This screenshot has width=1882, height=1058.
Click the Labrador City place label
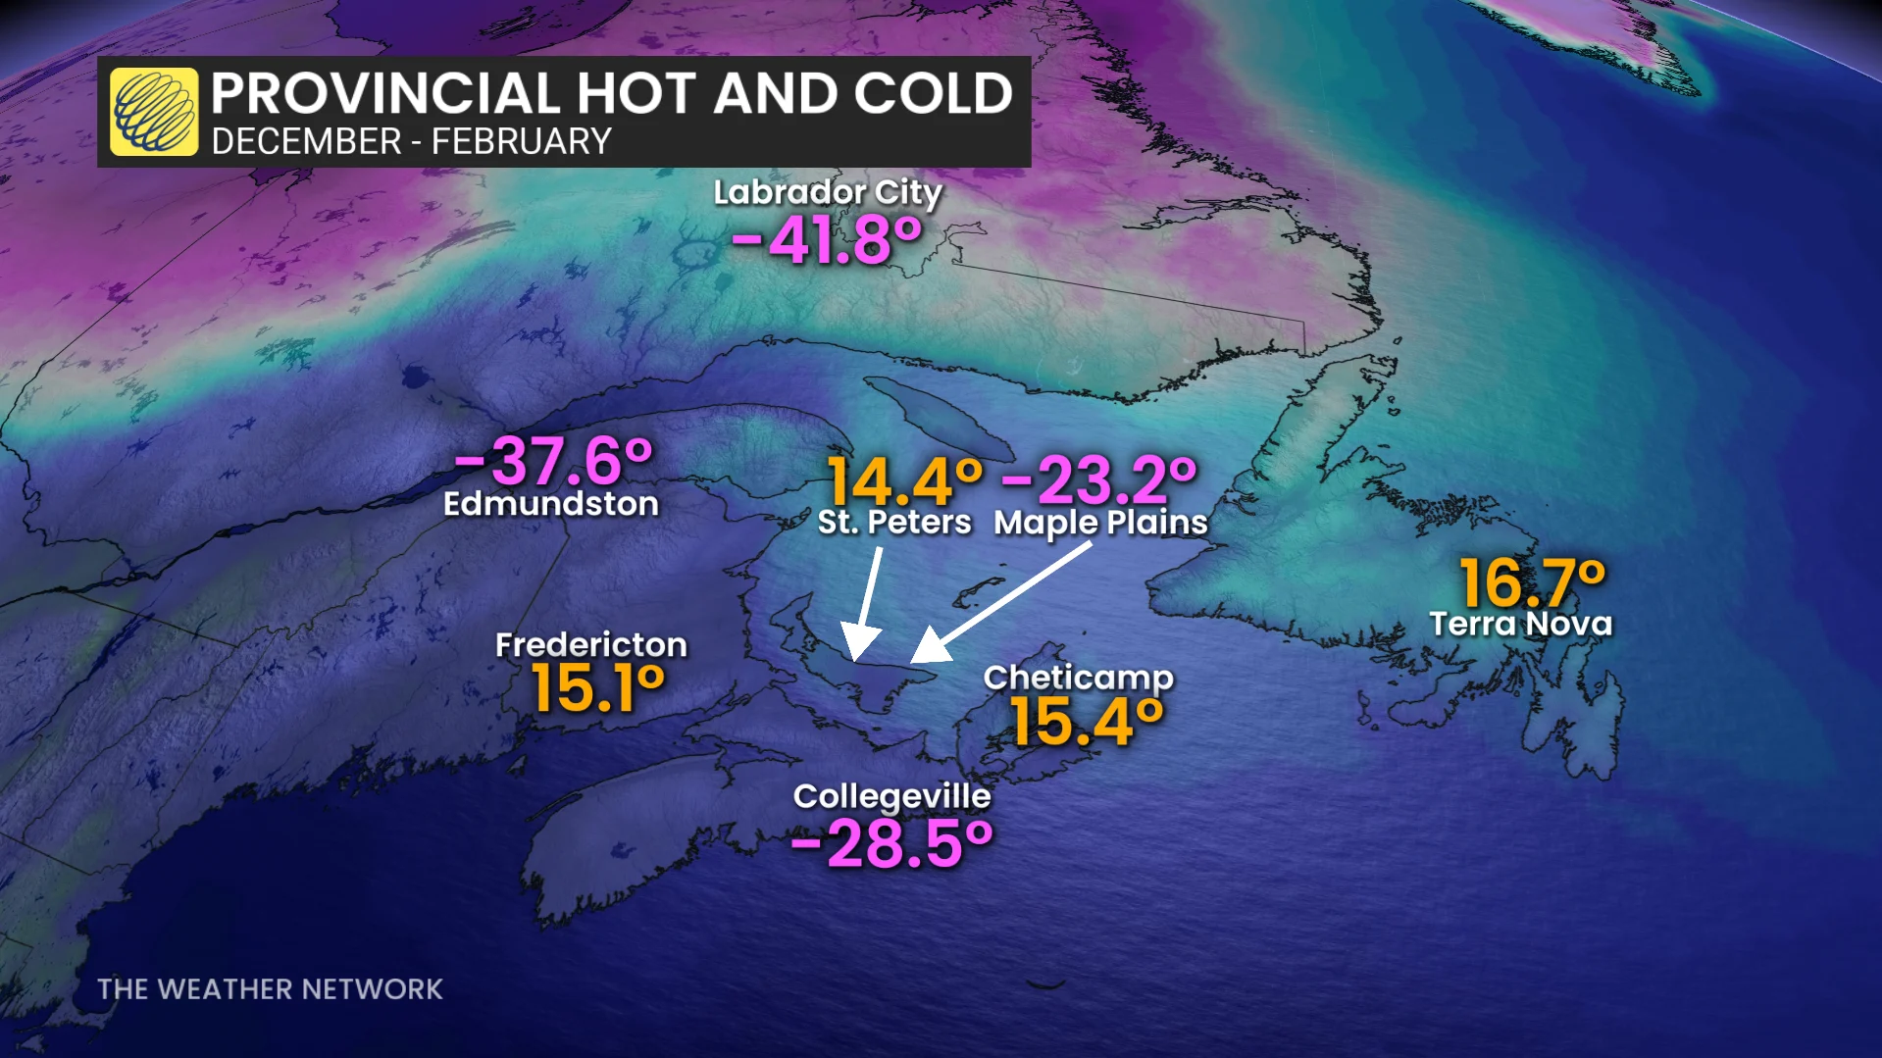point(827,192)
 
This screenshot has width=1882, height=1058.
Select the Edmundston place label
point(550,504)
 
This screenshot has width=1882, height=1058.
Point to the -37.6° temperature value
point(553,460)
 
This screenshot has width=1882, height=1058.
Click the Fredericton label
point(590,644)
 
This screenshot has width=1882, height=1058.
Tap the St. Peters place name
point(893,522)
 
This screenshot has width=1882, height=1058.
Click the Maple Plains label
point(1100,522)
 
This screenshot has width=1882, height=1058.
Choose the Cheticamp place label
point(1078,678)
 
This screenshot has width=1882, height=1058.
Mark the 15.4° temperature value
point(1087,722)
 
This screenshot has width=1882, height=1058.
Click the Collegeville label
point(891,796)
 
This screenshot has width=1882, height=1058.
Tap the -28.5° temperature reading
point(891,843)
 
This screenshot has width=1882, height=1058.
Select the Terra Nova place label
point(1520,624)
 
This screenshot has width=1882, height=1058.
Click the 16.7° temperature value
point(1532,582)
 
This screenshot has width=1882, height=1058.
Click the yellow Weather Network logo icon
point(154,112)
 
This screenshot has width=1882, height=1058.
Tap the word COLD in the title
point(933,94)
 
